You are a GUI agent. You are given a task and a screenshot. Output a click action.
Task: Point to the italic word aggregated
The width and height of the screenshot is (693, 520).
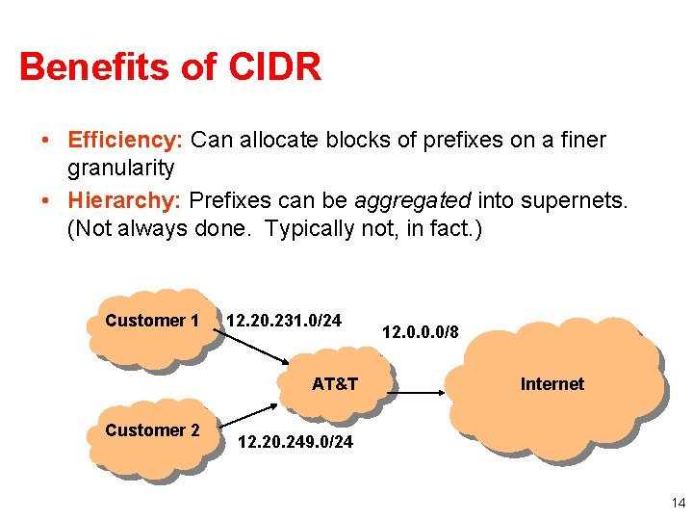pos(413,201)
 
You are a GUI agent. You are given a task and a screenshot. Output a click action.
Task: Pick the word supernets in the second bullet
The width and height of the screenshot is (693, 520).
pos(576,201)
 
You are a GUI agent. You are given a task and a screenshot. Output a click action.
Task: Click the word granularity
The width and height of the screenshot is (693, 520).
pos(120,169)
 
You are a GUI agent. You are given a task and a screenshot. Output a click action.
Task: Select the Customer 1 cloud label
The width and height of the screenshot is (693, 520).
pos(152,321)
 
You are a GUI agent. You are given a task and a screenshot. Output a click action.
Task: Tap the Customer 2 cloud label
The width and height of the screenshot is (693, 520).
pos(152,430)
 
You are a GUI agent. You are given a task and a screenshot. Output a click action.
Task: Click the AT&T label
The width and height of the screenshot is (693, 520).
pos(335,384)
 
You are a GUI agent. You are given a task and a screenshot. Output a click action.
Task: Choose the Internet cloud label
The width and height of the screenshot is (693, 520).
pos(552,384)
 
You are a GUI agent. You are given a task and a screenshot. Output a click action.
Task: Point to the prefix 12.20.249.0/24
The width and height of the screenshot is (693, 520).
pos(295,442)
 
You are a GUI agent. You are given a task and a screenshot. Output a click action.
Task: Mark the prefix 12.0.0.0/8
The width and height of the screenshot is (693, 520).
pos(421,333)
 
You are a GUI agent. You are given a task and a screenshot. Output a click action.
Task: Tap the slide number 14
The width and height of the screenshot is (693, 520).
pos(678,503)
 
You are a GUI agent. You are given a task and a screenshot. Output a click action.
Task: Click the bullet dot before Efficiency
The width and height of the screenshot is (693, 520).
pos(46,141)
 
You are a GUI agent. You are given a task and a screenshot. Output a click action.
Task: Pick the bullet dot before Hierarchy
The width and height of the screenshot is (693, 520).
pos(46,201)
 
